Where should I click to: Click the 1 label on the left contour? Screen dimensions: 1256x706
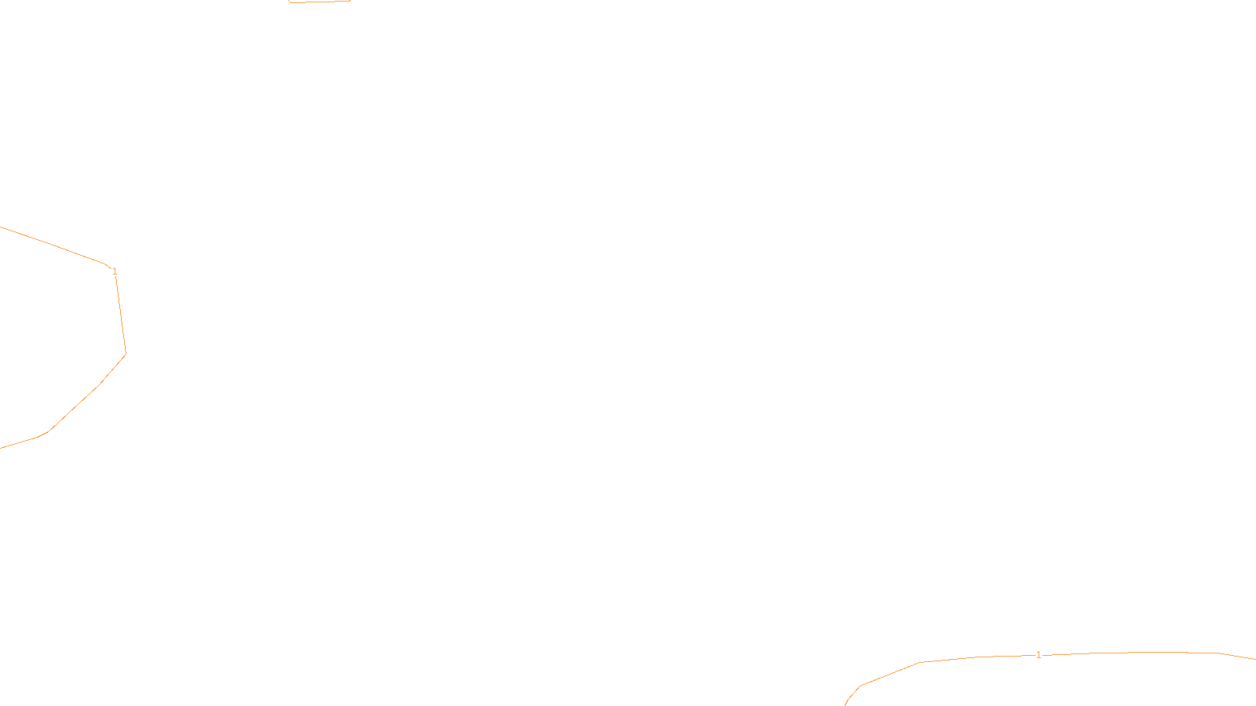point(115,271)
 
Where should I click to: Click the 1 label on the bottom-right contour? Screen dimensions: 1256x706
point(1039,655)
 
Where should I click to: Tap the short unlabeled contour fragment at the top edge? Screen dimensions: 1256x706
point(319,2)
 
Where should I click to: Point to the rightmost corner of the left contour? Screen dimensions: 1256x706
point(126,354)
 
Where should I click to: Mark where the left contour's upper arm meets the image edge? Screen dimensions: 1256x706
point(0,227)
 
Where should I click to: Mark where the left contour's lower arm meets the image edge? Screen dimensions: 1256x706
point(0,448)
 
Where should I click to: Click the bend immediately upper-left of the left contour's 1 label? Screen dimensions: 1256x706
point(105,264)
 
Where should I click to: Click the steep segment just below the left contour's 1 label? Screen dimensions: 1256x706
point(121,315)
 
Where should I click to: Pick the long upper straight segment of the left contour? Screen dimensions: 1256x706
point(53,245)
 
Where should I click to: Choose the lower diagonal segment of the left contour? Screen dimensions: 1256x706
point(74,408)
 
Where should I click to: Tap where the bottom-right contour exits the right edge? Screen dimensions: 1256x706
point(1255,659)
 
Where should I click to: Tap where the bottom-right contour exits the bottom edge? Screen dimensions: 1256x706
point(845,705)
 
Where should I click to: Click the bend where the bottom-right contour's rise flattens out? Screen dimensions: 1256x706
point(919,662)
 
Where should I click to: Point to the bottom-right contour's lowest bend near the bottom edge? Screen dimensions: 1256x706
point(860,686)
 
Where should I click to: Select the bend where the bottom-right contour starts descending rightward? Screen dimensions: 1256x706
point(1219,653)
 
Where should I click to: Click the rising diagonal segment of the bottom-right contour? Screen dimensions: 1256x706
point(889,674)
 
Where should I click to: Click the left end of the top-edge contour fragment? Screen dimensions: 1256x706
point(288,1)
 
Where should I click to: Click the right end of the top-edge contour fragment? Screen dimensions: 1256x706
point(350,1)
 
